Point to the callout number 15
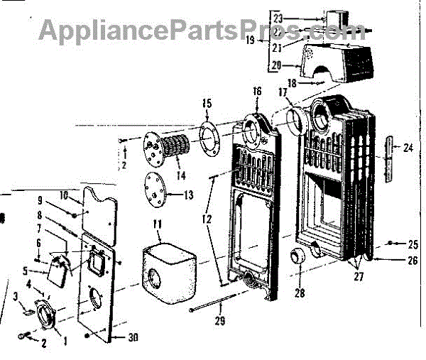[x=207, y=103]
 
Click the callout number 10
[x=63, y=194]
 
